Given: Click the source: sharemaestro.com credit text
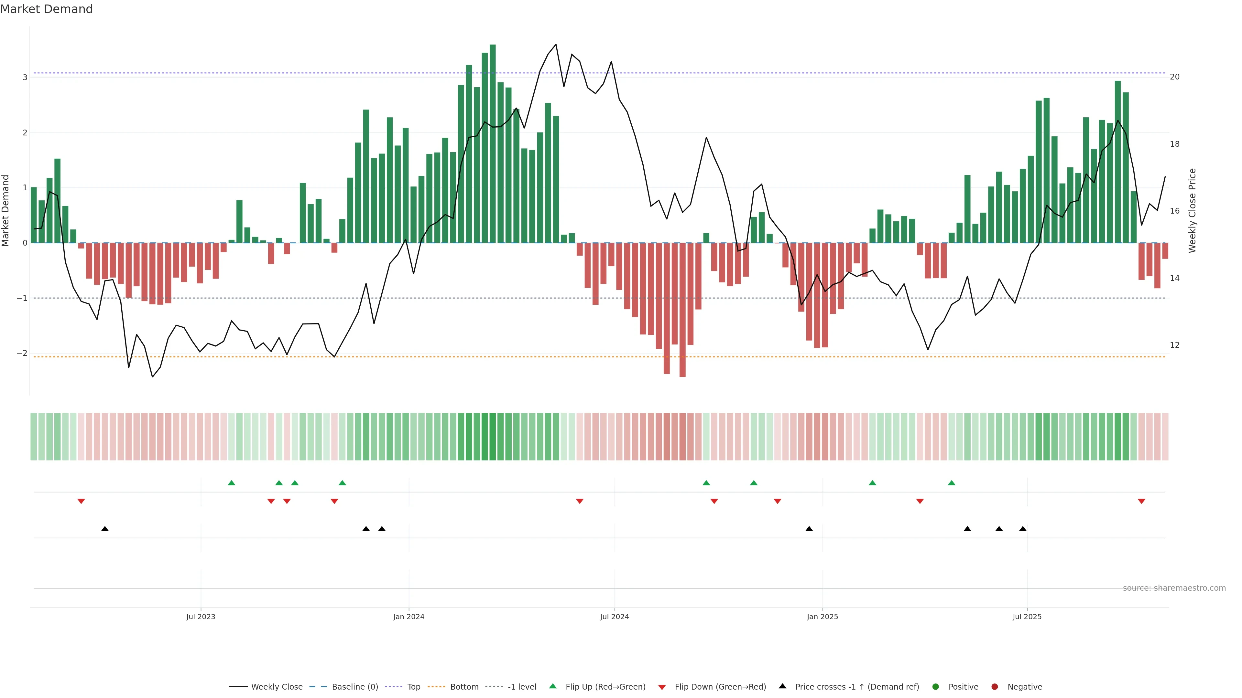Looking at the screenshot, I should click(1173, 588).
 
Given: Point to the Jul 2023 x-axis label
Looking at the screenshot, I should click(201, 617).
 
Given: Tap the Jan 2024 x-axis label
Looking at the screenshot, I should click(409, 617).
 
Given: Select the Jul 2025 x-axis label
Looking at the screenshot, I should click(1027, 617).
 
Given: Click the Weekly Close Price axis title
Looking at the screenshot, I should click(1192, 210).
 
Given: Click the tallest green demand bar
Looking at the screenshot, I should click(492, 144).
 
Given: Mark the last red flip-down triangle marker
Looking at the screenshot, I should click(1141, 502).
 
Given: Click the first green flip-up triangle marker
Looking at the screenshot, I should click(232, 483).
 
